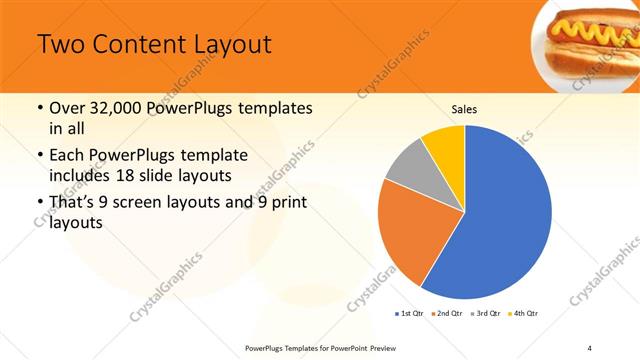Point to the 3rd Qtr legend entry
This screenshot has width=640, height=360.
click(x=487, y=314)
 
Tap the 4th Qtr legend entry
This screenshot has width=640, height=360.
click(x=525, y=314)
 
